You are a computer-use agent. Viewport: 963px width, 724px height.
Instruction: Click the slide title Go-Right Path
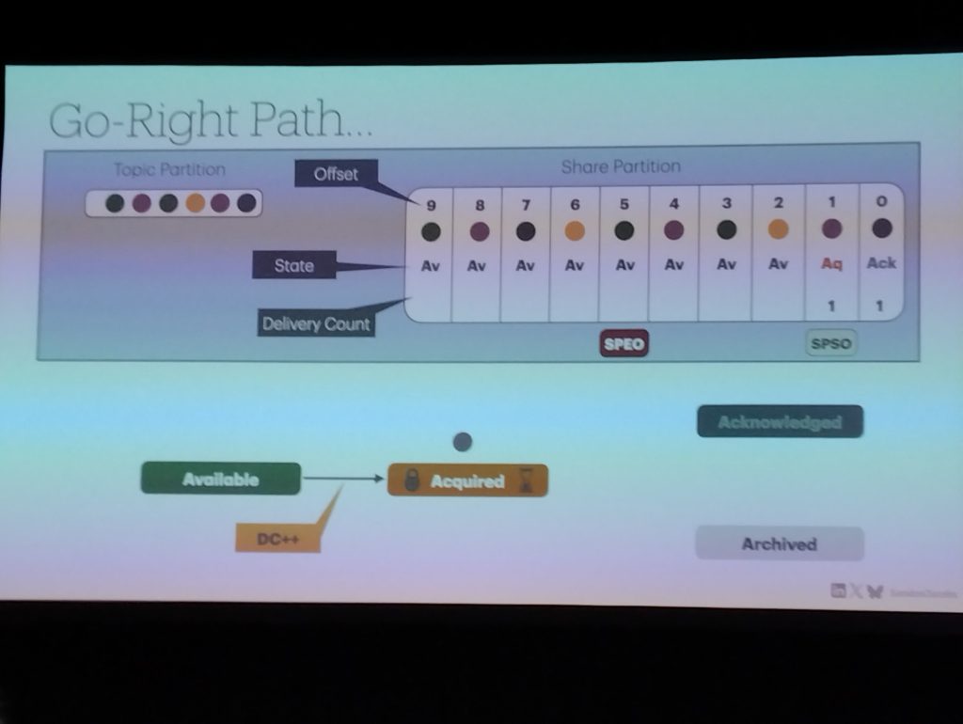tap(210, 121)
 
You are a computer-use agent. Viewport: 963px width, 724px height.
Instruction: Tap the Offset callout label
tap(336, 174)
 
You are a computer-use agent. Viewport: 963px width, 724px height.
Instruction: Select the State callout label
tap(293, 266)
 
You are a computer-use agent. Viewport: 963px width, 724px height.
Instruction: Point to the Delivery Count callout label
tap(316, 324)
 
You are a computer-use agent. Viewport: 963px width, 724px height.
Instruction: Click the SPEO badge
tap(624, 344)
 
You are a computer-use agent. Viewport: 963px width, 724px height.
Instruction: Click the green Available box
tap(220, 480)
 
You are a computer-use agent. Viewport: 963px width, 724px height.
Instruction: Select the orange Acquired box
tap(467, 481)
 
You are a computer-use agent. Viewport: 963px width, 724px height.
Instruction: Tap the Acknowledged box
tap(780, 422)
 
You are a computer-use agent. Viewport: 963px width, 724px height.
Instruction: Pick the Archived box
tap(779, 543)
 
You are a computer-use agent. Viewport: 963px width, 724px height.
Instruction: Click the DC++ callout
tap(277, 540)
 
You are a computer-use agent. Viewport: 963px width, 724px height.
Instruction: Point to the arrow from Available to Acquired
tap(344, 480)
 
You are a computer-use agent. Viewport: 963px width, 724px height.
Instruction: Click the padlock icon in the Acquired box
tap(410, 481)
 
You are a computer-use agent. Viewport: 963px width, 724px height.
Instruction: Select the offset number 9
tap(431, 204)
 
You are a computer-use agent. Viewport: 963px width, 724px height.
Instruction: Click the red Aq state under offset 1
tap(831, 264)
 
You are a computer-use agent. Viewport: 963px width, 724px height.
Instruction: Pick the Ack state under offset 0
tap(881, 263)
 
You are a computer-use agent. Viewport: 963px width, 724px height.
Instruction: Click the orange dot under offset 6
tap(575, 231)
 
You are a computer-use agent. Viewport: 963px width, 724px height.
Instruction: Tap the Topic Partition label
tap(169, 169)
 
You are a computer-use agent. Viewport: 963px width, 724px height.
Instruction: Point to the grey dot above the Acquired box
tap(462, 441)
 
